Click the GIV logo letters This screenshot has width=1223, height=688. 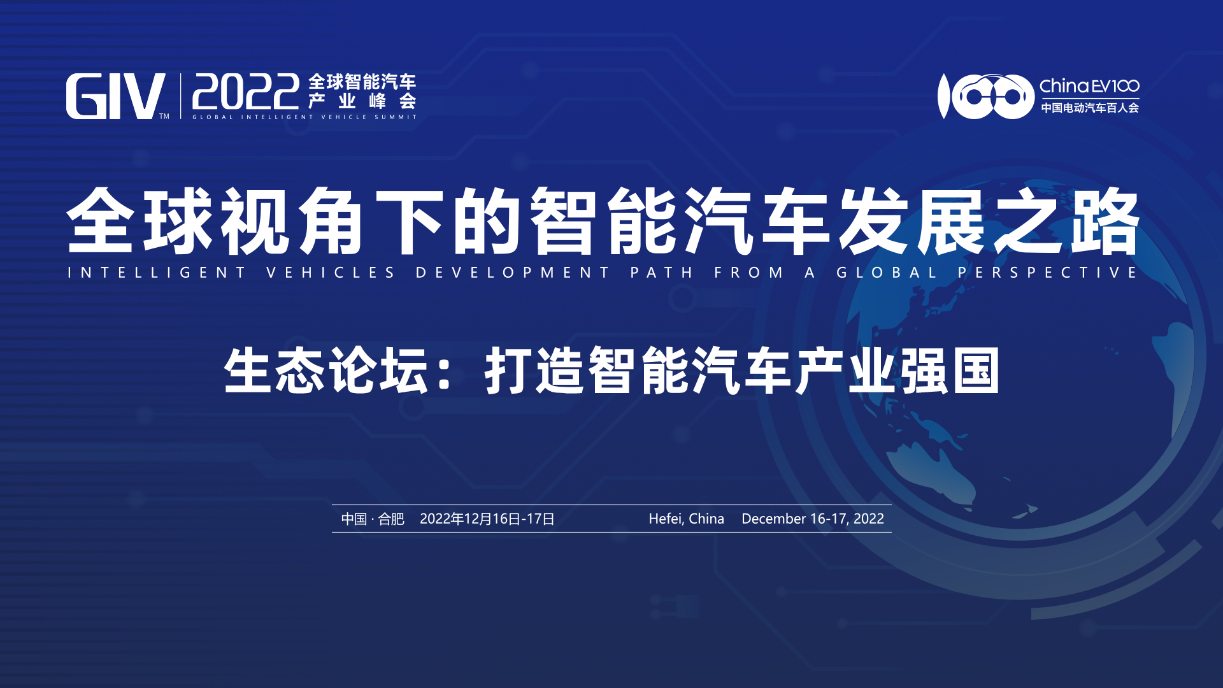115,96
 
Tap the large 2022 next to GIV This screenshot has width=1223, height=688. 246,92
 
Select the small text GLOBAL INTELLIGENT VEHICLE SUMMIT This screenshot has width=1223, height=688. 304,117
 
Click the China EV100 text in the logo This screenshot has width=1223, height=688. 1089,86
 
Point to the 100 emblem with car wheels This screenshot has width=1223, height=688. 986,96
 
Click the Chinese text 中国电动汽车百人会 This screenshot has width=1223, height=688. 1090,108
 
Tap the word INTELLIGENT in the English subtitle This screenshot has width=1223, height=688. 157,273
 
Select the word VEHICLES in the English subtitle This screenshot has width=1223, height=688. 331,273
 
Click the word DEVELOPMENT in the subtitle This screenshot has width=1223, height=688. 513,273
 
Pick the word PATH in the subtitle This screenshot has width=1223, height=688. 662,273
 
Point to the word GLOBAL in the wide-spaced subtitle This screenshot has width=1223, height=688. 887,273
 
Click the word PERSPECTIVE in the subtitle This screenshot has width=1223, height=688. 1048,273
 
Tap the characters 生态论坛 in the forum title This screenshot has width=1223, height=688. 326,371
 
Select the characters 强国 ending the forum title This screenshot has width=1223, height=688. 949,371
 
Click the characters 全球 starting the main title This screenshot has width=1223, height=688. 139,221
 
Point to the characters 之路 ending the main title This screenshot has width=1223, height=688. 1066,221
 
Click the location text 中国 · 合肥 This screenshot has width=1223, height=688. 373,519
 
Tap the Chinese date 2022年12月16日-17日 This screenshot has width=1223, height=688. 487,519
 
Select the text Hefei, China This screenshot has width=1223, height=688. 687,519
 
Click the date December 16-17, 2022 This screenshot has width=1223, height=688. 813,519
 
